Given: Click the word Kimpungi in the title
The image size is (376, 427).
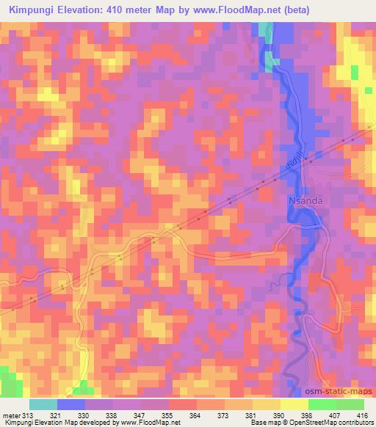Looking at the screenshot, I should click(x=33, y=10).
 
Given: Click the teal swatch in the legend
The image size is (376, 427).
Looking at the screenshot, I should click(x=43, y=404).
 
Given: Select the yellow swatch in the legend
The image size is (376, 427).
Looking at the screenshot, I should click(x=294, y=404).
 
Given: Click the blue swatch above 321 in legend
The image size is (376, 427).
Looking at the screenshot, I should click(x=71, y=404).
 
